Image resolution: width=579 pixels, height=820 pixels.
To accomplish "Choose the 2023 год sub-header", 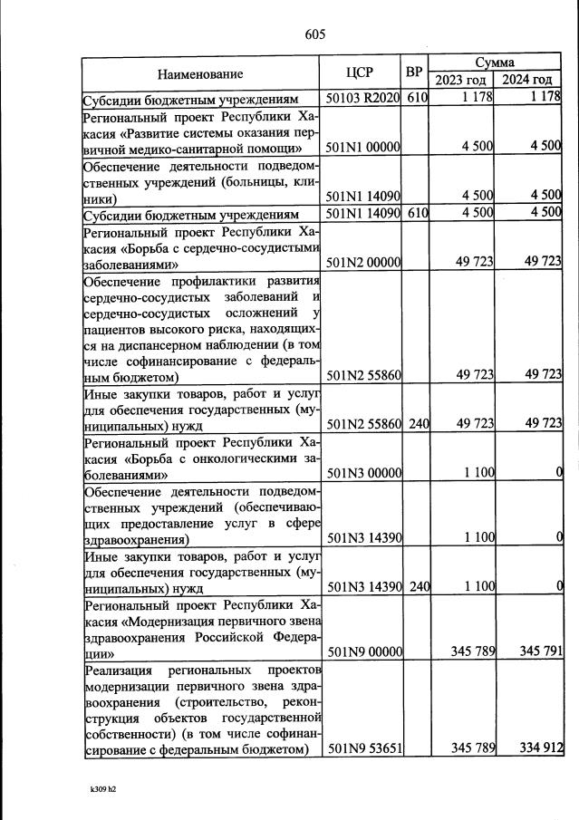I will click(x=460, y=81).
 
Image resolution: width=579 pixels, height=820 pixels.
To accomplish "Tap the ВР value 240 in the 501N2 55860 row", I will click(x=418, y=423).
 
